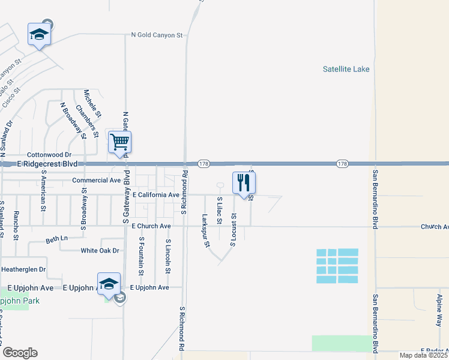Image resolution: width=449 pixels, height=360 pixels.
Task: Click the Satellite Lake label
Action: pyautogui.click(x=346, y=69)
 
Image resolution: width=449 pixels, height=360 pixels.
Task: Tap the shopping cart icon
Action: pyautogui.click(x=119, y=143)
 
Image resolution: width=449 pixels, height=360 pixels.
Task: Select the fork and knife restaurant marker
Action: pyautogui.click(x=243, y=182)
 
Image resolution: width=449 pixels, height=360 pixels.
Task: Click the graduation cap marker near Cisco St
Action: pyautogui.click(x=39, y=35)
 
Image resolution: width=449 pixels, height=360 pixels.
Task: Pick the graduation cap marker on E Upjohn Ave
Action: pyautogui.click(x=109, y=284)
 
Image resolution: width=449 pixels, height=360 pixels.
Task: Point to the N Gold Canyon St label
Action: pyautogui.click(x=157, y=35)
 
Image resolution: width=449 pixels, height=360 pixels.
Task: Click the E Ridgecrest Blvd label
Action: pyautogui.click(x=47, y=163)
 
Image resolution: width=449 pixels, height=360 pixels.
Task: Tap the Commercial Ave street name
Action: pyautogui.click(x=97, y=180)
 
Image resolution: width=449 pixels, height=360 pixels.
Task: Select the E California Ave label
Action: pyautogui.click(x=155, y=195)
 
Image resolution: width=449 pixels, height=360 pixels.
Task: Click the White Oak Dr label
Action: pyautogui.click(x=100, y=250)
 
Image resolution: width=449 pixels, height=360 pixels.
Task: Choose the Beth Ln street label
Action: pyautogui.click(x=57, y=239)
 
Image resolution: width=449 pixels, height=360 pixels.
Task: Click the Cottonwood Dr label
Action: pyautogui.click(x=50, y=154)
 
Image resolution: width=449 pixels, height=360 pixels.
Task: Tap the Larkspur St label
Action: pyautogui.click(x=205, y=230)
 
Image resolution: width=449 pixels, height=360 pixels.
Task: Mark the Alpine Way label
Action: pyautogui.click(x=439, y=310)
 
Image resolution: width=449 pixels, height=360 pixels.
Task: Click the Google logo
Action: pyautogui.click(x=20, y=353)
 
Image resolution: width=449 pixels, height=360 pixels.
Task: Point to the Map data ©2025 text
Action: pyautogui.click(x=422, y=355)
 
